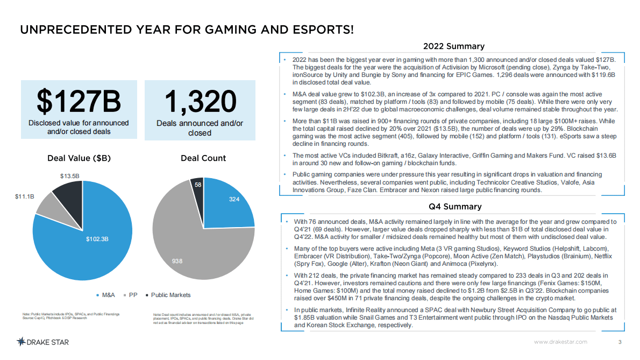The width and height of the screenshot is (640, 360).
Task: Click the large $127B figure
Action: point(79,101)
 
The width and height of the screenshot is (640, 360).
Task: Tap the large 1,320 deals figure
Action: point(200,101)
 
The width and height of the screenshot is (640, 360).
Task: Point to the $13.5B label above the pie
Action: point(69,176)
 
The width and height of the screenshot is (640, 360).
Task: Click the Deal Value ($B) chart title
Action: point(79,158)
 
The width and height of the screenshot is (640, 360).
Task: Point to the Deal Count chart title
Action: point(203,158)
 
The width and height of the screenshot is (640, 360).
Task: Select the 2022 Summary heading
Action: point(454,46)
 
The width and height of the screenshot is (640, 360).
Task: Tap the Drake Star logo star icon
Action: point(22,342)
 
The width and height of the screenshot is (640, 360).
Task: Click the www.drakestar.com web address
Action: point(560,342)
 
